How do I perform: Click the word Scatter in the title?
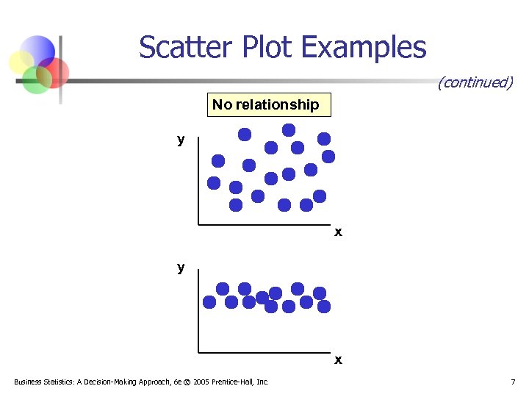tap(180, 48)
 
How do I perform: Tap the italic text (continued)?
tap(475, 82)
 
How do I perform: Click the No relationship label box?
tap(265, 105)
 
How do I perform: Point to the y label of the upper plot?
tap(181, 139)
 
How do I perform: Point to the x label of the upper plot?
tap(338, 232)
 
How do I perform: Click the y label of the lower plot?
tap(181, 267)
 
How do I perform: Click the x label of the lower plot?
tap(338, 360)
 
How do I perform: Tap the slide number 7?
tap(513, 382)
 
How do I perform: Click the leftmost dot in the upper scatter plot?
tap(214, 182)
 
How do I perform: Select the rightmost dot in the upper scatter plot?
tap(328, 156)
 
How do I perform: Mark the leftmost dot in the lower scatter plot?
tap(209, 301)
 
